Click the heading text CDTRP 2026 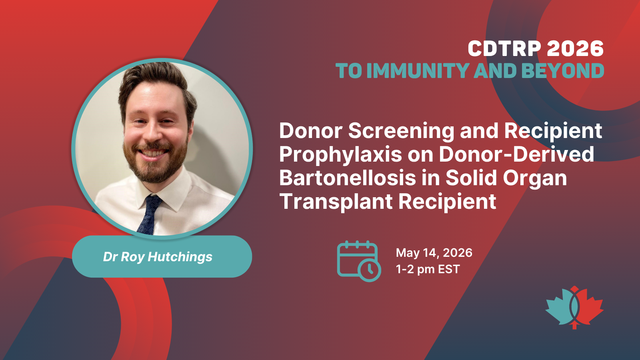pos(536,48)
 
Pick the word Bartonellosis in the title pos(348,178)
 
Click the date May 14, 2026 pos(434,253)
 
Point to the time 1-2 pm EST pos(428,269)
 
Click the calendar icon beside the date pos(359,261)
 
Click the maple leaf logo pos(574,308)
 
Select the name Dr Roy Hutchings pos(158,256)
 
